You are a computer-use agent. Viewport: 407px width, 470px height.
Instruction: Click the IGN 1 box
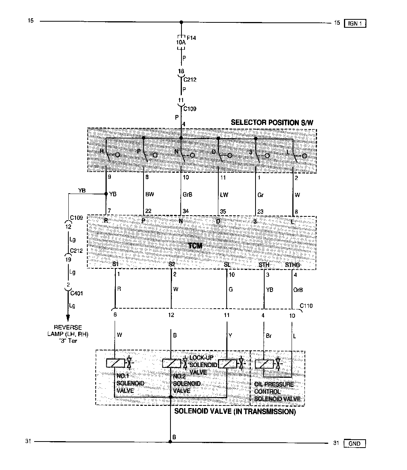click(355, 24)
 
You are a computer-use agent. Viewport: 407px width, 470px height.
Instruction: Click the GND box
click(354, 443)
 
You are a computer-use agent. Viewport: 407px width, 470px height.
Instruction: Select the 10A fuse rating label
click(181, 43)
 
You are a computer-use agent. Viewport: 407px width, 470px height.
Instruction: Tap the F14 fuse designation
click(191, 38)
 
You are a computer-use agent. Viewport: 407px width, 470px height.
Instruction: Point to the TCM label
click(195, 246)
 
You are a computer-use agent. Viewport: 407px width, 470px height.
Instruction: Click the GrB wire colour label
click(188, 194)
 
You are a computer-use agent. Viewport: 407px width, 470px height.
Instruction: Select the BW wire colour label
click(150, 194)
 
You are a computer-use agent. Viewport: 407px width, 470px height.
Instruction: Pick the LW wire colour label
click(224, 194)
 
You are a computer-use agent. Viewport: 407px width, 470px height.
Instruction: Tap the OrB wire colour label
click(298, 290)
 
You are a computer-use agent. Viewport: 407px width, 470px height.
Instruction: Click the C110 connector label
click(306, 306)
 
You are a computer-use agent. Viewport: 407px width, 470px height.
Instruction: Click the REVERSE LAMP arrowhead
click(68, 318)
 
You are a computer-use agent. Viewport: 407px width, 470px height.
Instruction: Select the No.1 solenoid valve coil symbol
click(115, 363)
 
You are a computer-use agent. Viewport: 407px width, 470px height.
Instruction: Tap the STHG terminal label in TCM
click(292, 265)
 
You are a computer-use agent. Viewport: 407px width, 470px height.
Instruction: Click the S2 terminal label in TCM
click(172, 264)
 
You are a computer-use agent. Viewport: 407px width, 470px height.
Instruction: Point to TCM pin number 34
click(185, 211)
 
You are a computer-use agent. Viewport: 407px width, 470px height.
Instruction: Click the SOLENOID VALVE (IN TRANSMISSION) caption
click(235, 412)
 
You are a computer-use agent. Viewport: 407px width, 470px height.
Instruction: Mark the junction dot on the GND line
click(171, 442)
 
